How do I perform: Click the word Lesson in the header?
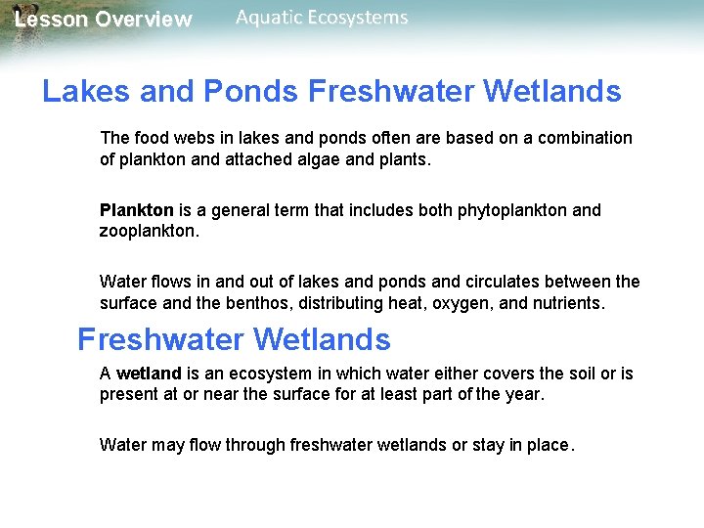48,20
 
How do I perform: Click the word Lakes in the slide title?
85,92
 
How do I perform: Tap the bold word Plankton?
136,210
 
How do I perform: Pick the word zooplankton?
148,231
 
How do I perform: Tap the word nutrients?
567,303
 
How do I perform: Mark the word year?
522,394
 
